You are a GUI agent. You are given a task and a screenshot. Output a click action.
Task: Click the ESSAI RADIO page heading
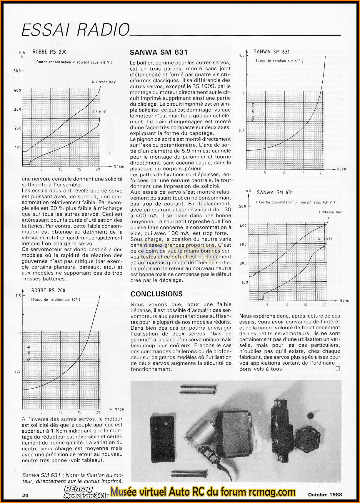[76, 29]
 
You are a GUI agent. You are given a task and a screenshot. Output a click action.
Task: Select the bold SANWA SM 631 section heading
[159, 52]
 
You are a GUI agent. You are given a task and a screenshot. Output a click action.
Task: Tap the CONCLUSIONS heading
[156, 294]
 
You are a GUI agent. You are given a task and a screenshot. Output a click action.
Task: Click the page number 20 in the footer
[26, 495]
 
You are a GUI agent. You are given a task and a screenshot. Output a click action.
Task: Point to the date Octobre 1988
[325, 495]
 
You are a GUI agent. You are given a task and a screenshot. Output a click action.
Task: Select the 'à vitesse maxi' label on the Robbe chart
[104, 82]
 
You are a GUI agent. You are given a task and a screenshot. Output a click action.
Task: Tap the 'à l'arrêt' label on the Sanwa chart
[325, 239]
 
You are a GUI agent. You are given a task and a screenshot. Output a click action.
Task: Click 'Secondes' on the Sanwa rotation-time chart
[253, 112]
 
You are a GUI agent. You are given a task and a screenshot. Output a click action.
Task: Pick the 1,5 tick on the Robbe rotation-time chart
[18, 296]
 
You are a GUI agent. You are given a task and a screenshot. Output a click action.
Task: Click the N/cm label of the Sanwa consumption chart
[344, 301]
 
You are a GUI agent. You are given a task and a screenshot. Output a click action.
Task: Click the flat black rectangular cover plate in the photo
[162, 435]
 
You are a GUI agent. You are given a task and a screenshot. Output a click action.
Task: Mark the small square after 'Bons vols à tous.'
[337, 368]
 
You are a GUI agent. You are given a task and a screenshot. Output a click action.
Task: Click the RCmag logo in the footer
[79, 489]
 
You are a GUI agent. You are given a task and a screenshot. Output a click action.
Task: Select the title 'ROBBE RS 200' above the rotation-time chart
[49, 290]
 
